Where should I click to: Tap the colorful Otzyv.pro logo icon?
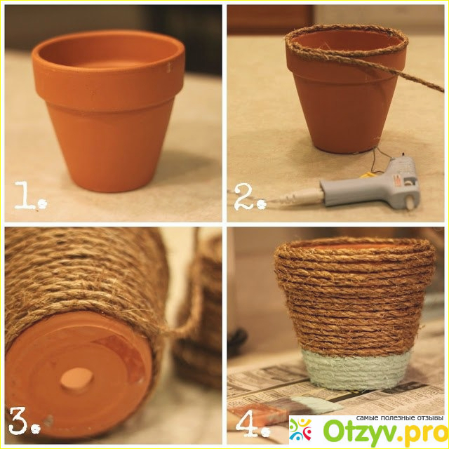300,429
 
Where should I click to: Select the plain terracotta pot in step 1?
108,110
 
